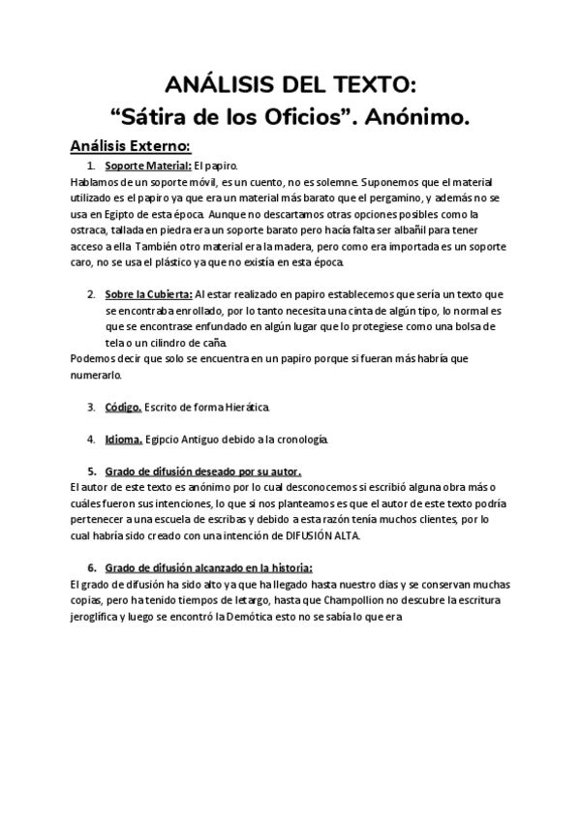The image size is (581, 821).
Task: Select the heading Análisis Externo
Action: coord(130,145)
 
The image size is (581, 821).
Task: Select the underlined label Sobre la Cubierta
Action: coord(148,294)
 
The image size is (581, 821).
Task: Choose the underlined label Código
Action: coord(123,407)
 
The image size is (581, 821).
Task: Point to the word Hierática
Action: coord(243,407)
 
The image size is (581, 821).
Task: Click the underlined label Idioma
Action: coord(123,440)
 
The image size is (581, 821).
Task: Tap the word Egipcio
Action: coord(164,440)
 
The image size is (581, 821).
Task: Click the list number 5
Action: coord(91,471)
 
